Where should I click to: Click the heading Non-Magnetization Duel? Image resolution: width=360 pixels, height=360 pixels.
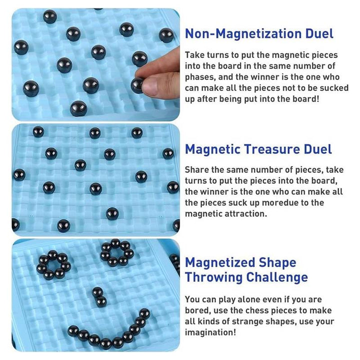259,33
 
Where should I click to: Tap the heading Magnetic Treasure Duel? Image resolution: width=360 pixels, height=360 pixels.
258,149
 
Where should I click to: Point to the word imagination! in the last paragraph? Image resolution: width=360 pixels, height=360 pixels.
210,332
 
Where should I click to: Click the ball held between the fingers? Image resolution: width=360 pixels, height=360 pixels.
137,85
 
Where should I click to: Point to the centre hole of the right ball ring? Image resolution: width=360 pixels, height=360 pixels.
117,252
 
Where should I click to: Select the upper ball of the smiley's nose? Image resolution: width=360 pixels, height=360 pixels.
97,292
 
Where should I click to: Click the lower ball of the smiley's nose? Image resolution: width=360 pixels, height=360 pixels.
101,301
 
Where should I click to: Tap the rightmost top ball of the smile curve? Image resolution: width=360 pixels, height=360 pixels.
144,313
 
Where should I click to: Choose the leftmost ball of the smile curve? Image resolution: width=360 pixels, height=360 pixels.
73,331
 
